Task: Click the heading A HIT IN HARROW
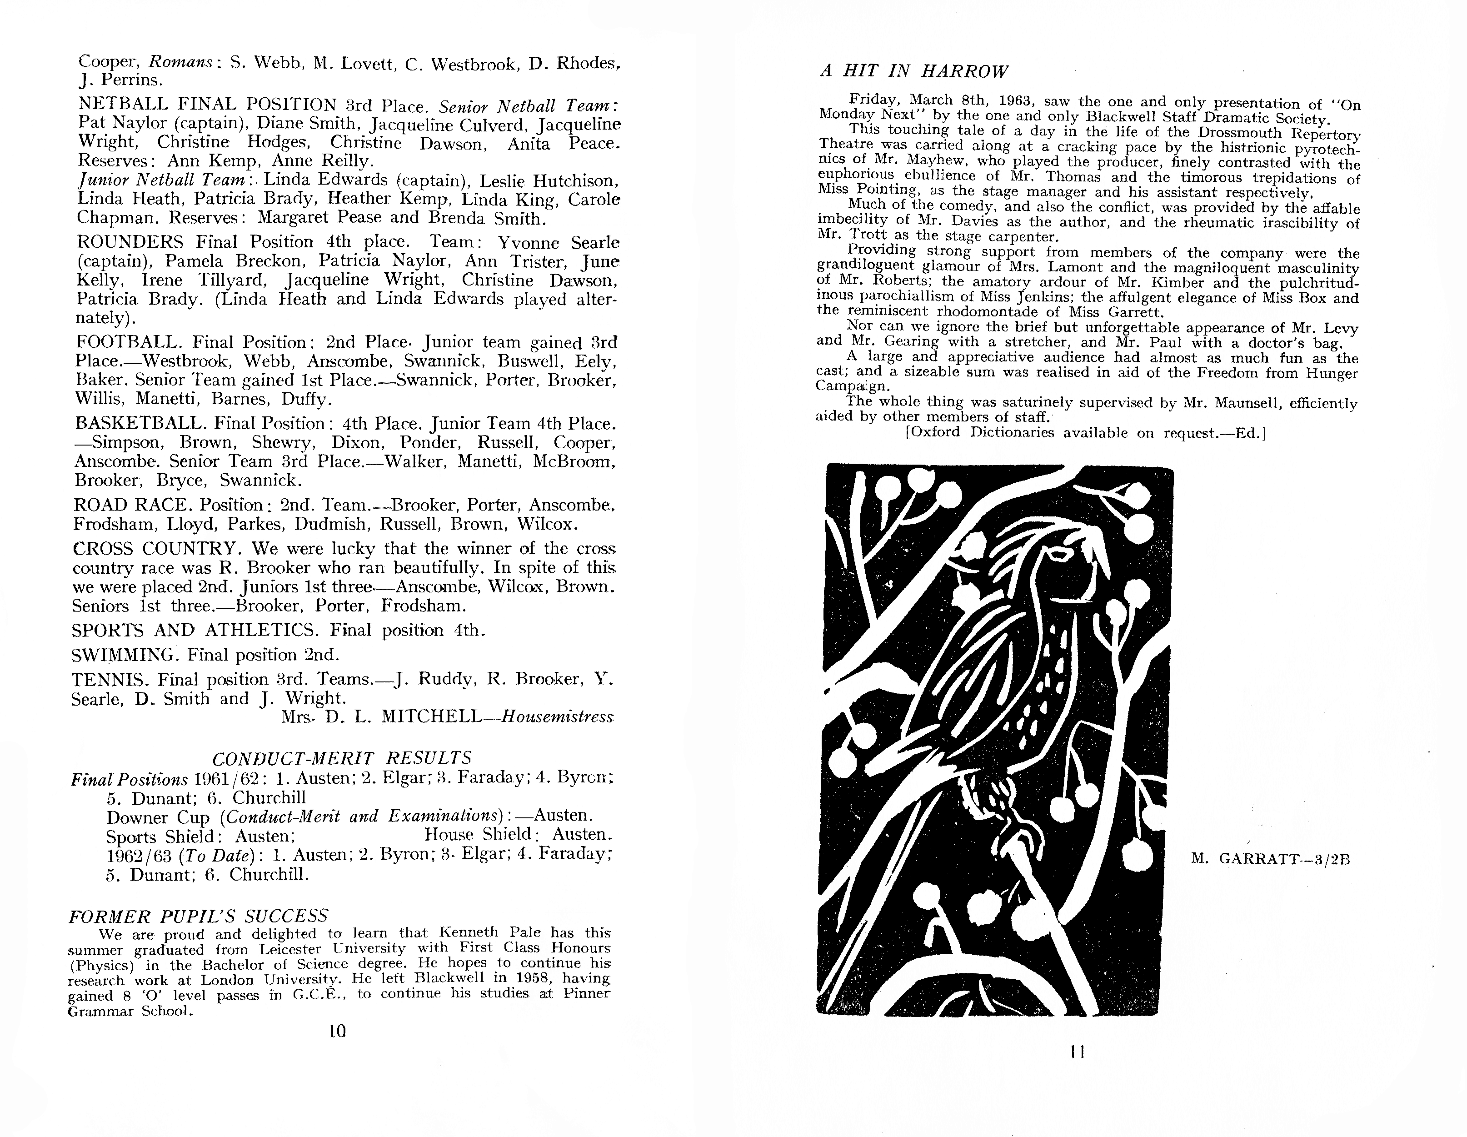[x=914, y=71]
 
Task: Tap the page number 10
[x=337, y=1031]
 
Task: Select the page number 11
[x=1078, y=1052]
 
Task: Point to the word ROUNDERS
[x=130, y=242]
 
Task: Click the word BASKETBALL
[x=140, y=423]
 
